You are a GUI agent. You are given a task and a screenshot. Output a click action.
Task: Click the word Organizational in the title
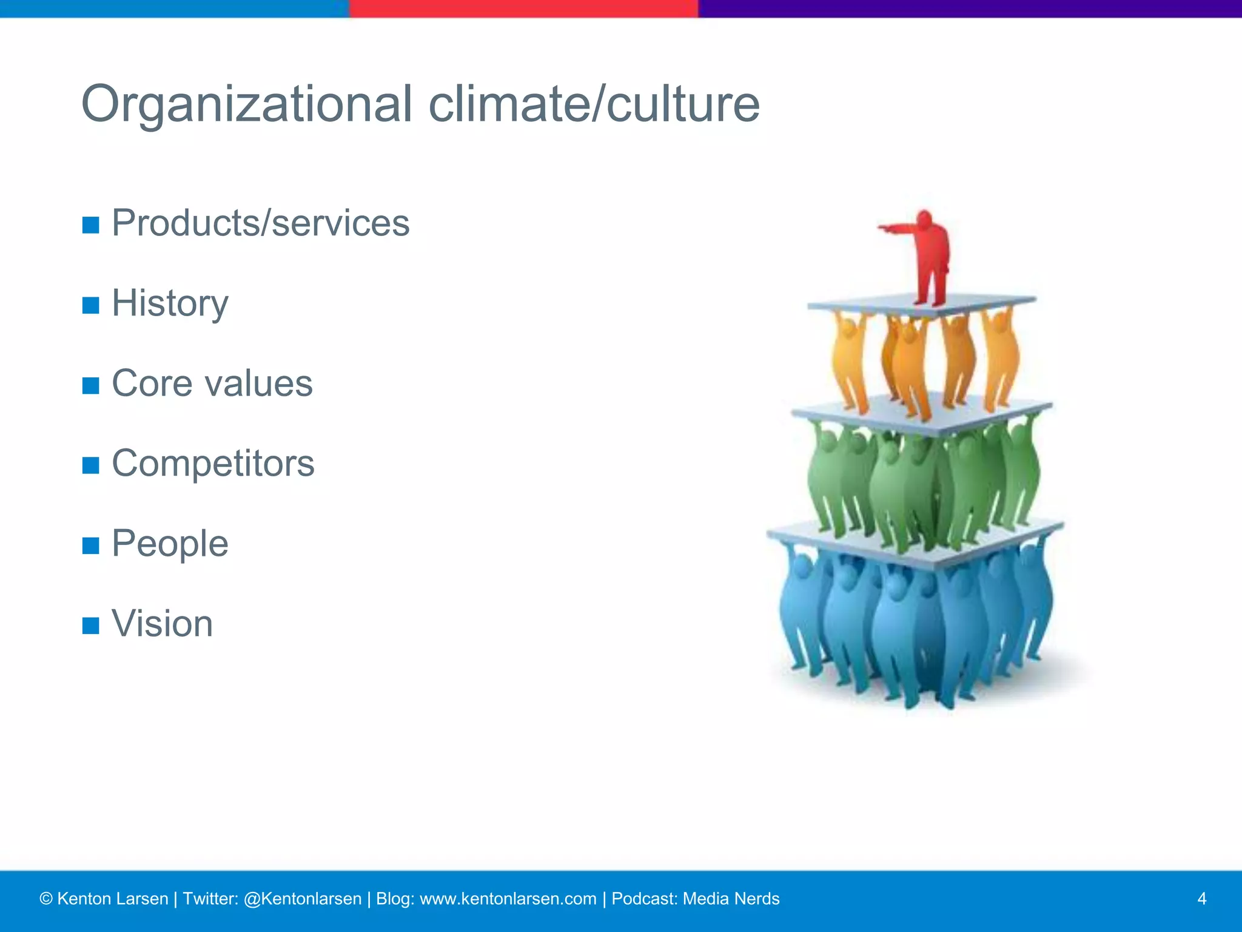coord(246,104)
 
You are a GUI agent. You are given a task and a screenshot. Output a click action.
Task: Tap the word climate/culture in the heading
coord(594,104)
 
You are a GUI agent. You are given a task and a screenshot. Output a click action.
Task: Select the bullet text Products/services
coord(261,223)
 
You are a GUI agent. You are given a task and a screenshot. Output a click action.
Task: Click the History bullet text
coord(170,303)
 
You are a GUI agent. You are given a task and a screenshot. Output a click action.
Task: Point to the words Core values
coord(212,383)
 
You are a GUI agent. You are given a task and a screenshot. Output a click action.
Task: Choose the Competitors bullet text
coord(213,464)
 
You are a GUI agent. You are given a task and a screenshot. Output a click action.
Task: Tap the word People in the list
coord(170,544)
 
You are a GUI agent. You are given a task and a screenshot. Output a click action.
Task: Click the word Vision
coord(163,624)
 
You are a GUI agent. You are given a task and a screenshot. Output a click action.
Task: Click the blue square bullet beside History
coord(90,305)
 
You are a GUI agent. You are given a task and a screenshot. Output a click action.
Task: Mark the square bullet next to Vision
coord(90,626)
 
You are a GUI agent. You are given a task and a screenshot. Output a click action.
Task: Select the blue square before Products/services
coord(90,225)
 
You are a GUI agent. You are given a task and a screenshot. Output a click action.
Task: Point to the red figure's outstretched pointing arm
coord(898,229)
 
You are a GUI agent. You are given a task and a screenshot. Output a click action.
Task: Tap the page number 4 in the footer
coord(1201,899)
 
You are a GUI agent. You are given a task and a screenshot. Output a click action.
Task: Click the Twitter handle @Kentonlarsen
coord(302,899)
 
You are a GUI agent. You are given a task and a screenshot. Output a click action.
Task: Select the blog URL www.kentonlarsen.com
coord(508,899)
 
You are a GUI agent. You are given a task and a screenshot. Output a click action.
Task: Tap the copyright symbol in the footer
coord(46,899)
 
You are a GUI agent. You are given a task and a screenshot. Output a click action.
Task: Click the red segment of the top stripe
coord(523,8)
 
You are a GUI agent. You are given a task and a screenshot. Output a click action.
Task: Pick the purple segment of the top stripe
coord(970,8)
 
